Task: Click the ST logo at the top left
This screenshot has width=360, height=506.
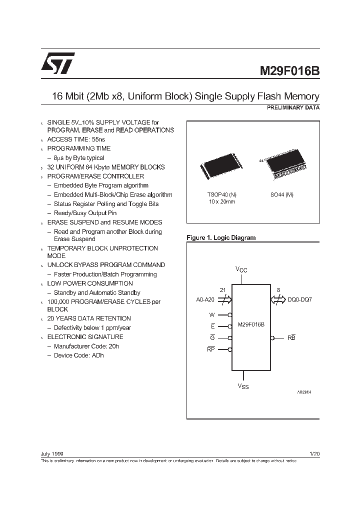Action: click(58, 63)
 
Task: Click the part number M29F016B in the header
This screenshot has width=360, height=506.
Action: click(289, 71)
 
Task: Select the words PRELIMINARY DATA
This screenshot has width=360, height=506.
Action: click(295, 107)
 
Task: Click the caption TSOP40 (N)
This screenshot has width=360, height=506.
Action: click(222, 194)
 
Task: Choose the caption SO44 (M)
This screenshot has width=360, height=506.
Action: click(281, 194)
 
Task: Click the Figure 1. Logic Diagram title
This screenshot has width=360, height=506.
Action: click(220, 238)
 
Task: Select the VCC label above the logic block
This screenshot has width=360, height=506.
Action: click(241, 269)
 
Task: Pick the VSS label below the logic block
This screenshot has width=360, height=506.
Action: click(242, 386)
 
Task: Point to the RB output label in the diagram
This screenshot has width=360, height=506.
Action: click(291, 338)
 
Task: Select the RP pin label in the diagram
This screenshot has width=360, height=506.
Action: click(210, 349)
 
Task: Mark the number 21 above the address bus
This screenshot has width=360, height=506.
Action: click(223, 290)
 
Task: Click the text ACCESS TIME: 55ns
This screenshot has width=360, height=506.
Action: click(76, 139)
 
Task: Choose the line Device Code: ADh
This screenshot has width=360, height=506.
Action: click(79, 355)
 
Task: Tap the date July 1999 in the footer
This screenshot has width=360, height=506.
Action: click(51, 453)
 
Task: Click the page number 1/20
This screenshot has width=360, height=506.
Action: click(314, 453)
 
